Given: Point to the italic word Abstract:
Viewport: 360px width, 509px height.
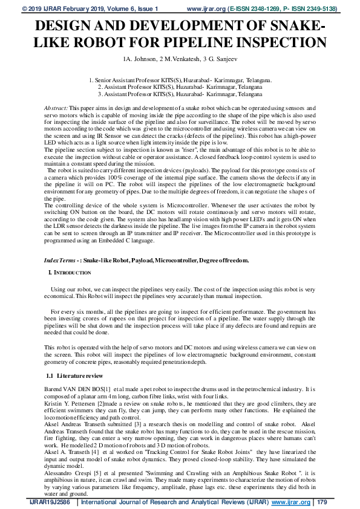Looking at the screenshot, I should point(56,107).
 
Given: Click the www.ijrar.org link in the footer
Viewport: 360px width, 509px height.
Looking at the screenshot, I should point(291,502).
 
